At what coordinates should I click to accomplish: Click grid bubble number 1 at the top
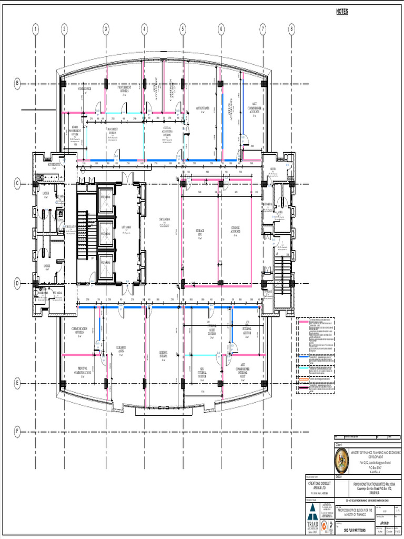pos(35,29)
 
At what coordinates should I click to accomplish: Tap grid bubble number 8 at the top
pos(291,29)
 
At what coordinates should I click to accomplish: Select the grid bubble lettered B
pos(17,84)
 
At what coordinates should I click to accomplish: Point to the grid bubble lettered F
pos(17,432)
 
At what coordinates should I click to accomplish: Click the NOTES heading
pos(342,12)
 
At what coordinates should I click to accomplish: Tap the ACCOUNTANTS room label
pos(204,109)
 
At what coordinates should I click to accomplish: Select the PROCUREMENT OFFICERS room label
pos(124,89)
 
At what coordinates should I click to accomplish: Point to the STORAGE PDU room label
pos(200,234)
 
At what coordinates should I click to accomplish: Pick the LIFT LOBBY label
pos(127,228)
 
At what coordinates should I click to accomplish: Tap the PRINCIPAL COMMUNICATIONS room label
pos(85,370)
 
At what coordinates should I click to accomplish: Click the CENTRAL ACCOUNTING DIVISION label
pos(166,131)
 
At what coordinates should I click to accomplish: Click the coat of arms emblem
pos(342,461)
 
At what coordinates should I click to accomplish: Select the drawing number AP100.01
pos(386,524)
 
